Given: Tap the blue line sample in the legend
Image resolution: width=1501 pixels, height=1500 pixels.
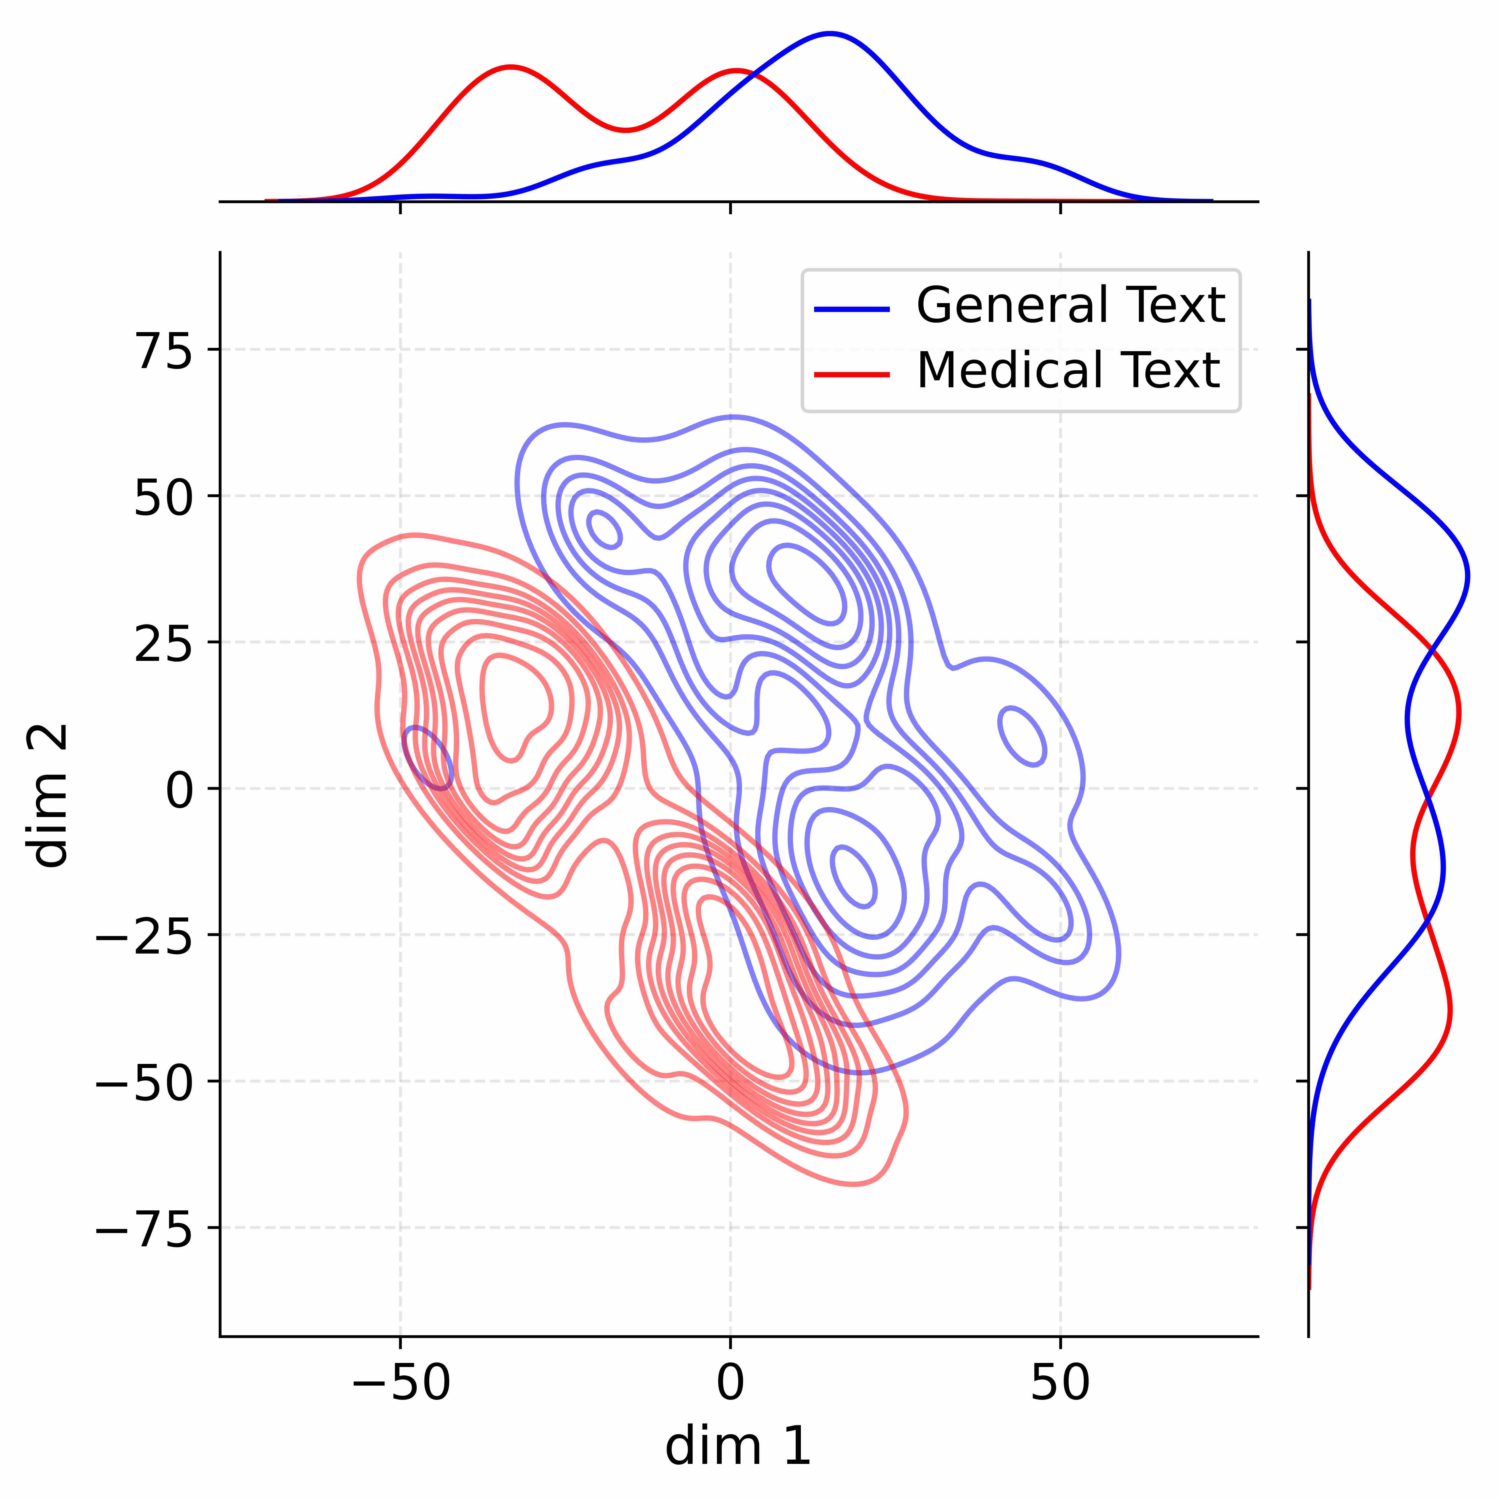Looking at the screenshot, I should click(x=851, y=308).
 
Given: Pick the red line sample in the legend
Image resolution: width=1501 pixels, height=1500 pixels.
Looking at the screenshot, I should click(x=851, y=374).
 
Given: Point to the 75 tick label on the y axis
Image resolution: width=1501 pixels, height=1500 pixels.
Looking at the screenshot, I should click(x=165, y=352).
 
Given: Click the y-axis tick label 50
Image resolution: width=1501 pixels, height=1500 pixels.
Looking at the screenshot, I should click(x=165, y=498).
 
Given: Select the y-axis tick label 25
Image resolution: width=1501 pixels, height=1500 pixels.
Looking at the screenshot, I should click(x=165, y=645).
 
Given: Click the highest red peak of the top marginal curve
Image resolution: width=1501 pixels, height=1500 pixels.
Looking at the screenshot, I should click(x=510, y=67).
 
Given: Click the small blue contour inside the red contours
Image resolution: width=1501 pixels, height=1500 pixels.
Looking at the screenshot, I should click(x=427, y=758).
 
